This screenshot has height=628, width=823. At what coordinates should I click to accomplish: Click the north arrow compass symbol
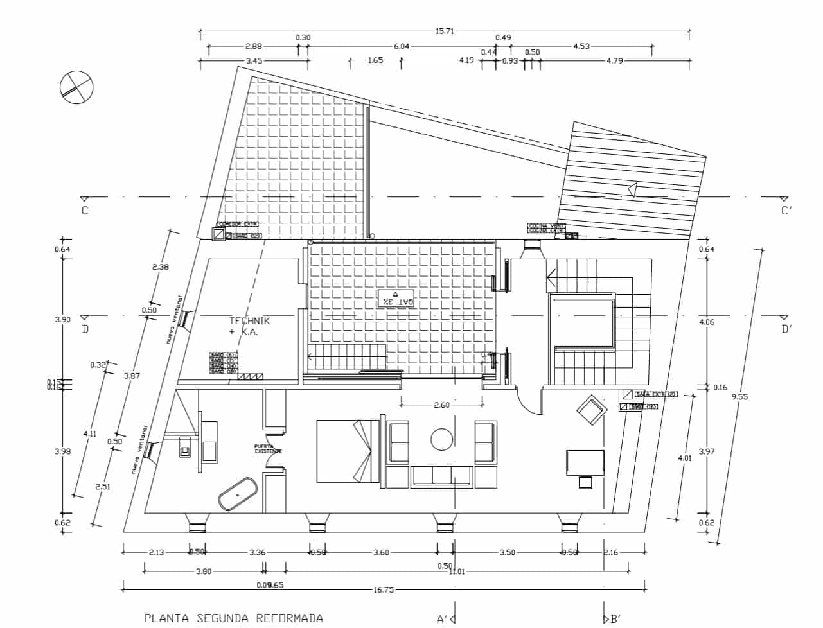tap(76, 86)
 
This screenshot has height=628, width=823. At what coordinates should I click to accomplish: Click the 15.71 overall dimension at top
tap(445, 30)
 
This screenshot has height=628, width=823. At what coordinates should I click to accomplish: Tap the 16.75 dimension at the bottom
tap(383, 589)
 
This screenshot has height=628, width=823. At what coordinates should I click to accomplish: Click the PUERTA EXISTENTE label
tap(268, 448)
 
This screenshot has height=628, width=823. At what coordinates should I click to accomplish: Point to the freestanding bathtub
tap(238, 495)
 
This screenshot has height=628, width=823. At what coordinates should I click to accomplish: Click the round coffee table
tap(442, 439)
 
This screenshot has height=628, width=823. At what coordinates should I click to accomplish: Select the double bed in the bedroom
tap(348, 451)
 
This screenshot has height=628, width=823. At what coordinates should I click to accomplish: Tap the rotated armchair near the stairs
tap(591, 411)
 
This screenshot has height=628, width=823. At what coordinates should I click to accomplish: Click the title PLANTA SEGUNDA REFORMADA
tap(234, 618)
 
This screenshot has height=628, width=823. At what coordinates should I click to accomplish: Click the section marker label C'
tap(786, 211)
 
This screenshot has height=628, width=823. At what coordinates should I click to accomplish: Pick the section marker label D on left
tap(85, 329)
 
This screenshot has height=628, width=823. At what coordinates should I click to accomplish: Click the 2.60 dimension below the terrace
tap(442, 405)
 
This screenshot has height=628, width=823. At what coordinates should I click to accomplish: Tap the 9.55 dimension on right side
tap(740, 396)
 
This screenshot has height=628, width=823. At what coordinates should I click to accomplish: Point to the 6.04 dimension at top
tap(402, 46)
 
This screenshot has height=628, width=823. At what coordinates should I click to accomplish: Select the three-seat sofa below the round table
tap(442, 475)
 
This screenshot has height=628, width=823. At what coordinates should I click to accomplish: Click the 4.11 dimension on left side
tap(89, 433)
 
